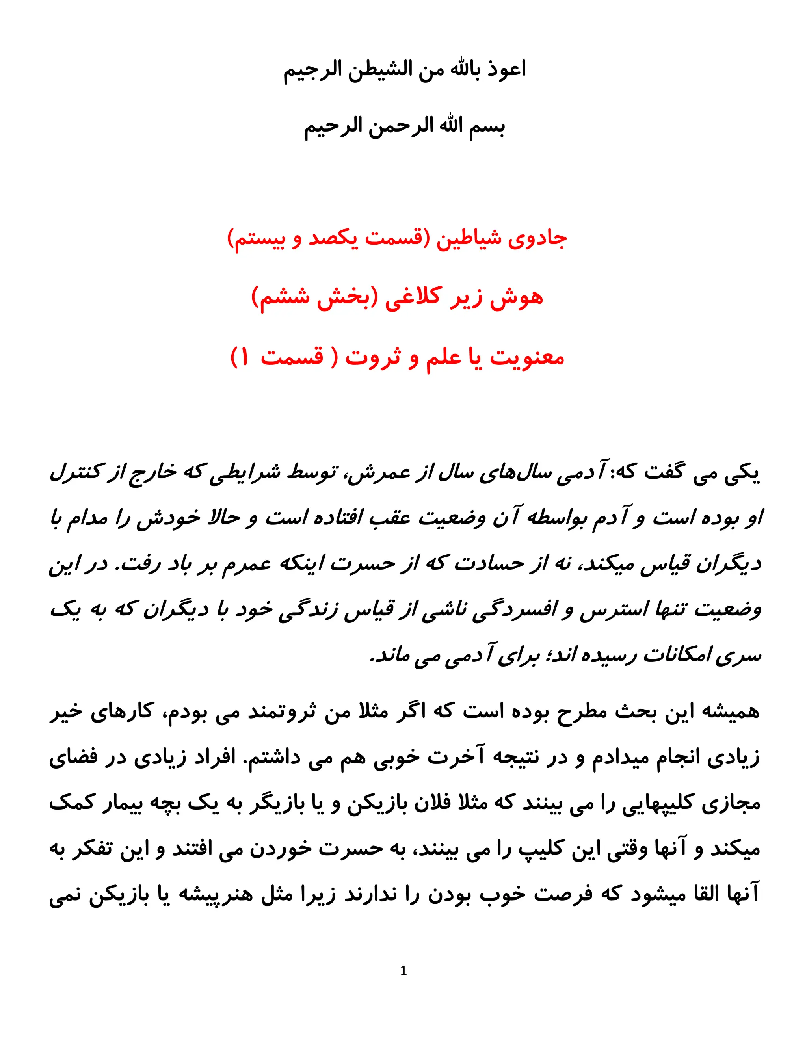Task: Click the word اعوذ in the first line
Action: (x=507, y=70)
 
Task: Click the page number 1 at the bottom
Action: (x=403, y=971)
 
